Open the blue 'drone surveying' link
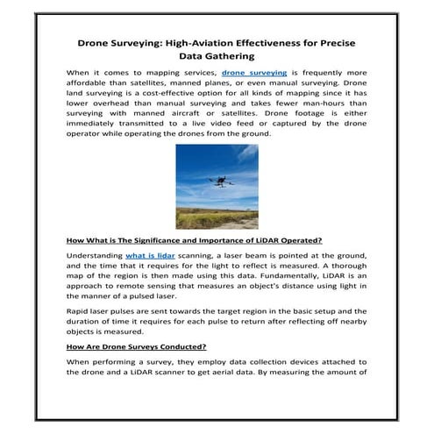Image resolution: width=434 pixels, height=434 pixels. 255,75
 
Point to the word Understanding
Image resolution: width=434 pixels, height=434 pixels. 94,255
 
